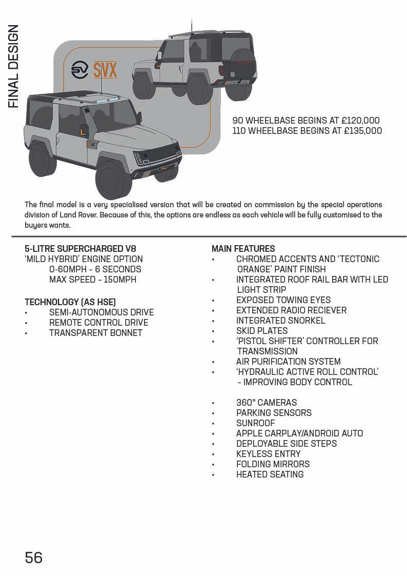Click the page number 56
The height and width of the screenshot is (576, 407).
click(34, 557)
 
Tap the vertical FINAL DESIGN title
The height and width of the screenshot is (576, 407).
click(14, 67)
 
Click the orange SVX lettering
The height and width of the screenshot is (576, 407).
click(105, 70)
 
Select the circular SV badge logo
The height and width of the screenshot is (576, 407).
click(80, 69)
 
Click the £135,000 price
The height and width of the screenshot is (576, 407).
click(362, 131)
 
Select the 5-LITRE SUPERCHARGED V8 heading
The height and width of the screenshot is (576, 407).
click(80, 249)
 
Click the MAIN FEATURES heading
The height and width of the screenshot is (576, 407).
click(243, 249)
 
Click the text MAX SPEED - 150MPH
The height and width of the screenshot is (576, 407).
click(93, 280)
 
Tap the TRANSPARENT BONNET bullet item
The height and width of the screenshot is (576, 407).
click(96, 333)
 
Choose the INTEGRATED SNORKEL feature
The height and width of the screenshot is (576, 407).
click(280, 321)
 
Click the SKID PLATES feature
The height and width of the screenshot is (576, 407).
click(262, 331)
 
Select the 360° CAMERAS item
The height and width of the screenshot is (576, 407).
click(267, 403)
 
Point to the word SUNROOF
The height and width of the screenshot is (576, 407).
click(255, 423)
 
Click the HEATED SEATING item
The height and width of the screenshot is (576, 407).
click(270, 474)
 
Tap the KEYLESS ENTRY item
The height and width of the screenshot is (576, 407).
click(268, 454)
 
